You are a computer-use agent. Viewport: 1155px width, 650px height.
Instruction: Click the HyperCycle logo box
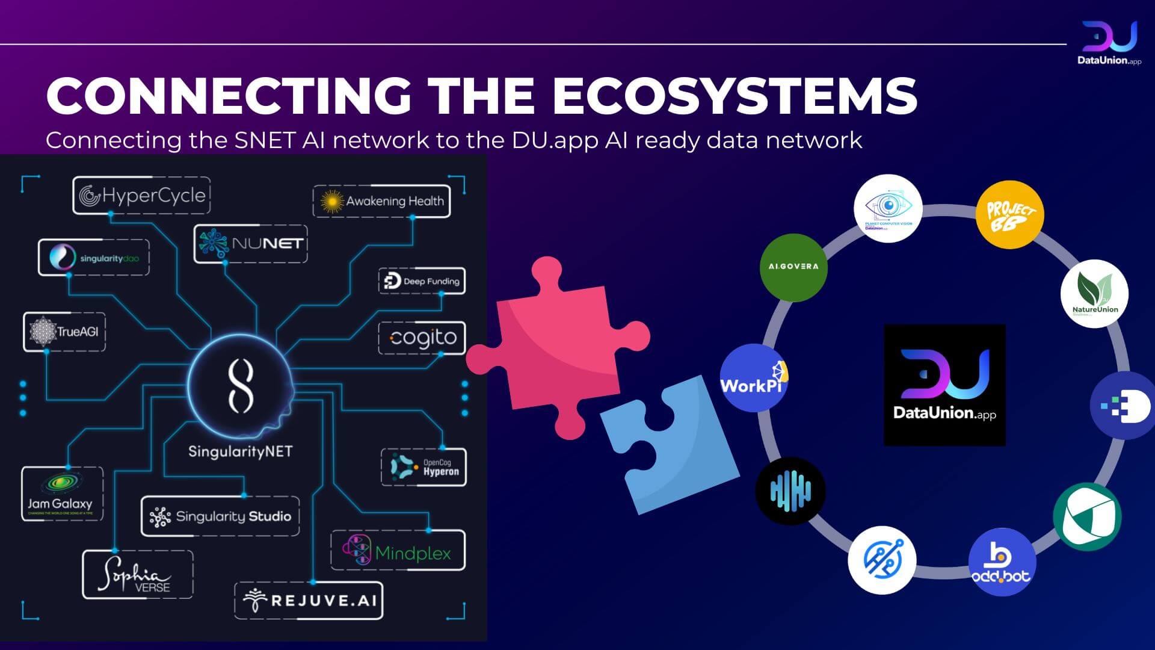pos(141,196)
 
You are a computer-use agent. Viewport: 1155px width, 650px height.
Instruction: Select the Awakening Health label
pos(381,201)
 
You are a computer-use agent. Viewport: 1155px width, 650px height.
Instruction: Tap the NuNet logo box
pos(251,244)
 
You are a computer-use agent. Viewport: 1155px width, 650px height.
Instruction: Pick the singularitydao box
pos(94,258)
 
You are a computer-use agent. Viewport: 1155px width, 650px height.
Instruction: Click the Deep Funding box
pos(422,281)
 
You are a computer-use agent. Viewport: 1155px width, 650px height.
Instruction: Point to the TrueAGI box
pos(64,332)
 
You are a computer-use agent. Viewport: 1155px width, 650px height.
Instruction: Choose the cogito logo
pos(422,338)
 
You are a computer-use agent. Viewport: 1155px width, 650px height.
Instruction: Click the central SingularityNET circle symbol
pos(240,385)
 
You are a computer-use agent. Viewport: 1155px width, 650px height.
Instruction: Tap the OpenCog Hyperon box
pos(423,467)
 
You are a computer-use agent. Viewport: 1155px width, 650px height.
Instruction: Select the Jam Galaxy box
pos(62,494)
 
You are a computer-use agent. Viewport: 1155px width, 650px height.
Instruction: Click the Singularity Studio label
pos(220,516)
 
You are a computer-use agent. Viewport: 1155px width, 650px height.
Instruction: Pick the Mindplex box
pos(398,551)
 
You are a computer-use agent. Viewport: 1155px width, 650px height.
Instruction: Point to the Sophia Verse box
pos(137,575)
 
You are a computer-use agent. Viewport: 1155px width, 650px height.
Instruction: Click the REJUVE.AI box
pos(309,600)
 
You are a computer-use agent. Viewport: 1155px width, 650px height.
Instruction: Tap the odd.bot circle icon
pos(1002,562)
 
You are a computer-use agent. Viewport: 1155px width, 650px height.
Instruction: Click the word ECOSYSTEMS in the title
pos(734,96)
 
